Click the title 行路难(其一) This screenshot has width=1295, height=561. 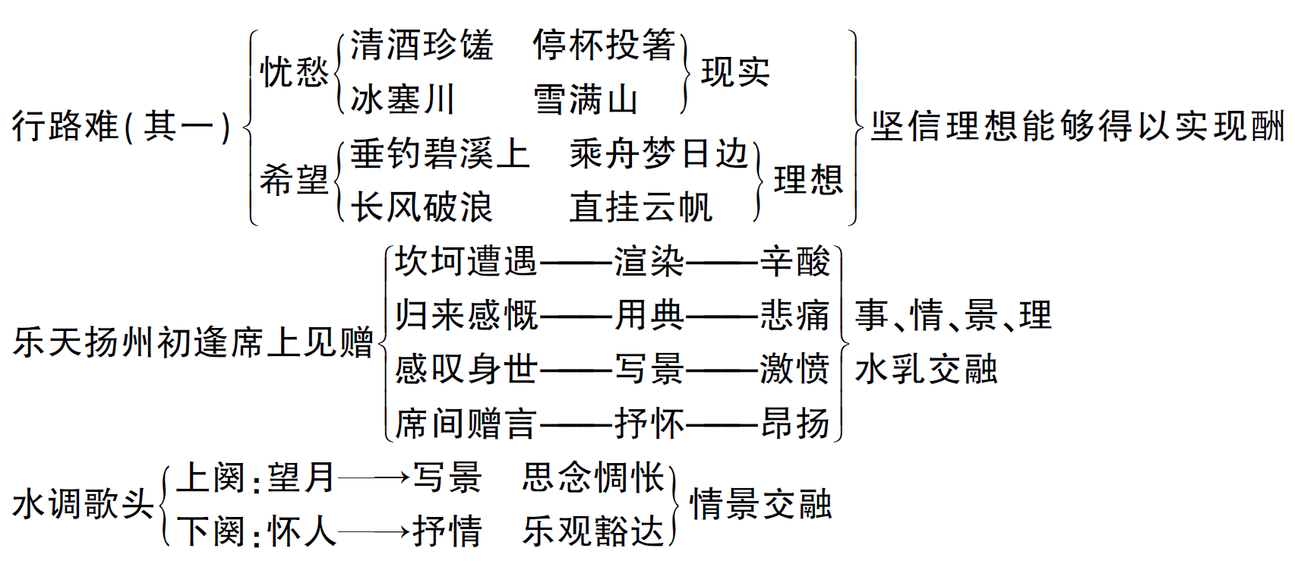point(122,126)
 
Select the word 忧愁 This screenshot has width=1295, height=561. point(294,72)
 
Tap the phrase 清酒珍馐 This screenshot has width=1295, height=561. point(422,45)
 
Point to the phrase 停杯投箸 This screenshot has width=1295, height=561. point(605,45)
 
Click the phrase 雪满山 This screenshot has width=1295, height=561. point(586,99)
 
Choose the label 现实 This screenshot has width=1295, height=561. point(735,72)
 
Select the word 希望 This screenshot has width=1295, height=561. point(294,181)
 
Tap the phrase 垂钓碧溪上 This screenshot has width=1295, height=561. point(440,154)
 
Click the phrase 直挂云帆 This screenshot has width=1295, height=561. point(641,207)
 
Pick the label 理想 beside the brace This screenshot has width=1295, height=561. point(808,181)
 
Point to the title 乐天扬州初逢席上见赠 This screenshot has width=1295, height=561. point(194,342)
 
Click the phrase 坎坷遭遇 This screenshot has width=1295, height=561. point(466,262)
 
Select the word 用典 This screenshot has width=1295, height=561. point(649,316)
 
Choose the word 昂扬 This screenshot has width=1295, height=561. point(795,424)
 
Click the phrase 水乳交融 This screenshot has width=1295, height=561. point(926,370)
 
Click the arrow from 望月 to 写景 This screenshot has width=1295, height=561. point(374,478)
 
